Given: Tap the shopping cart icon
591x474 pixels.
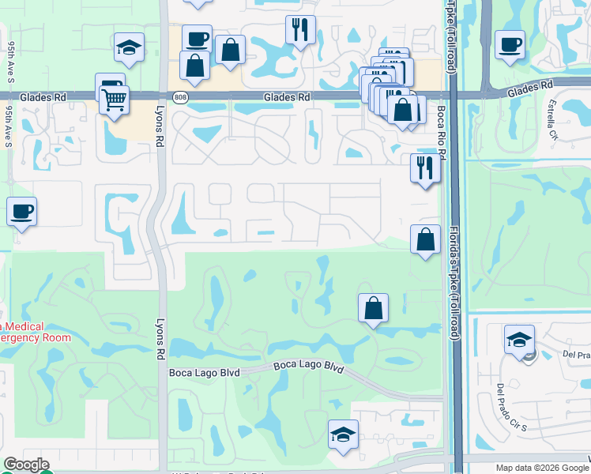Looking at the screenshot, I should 115,100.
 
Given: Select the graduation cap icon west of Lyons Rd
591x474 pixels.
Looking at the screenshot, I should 128,47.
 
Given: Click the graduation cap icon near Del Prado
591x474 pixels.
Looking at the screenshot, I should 518,340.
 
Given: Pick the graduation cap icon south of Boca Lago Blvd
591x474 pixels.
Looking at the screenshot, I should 343,434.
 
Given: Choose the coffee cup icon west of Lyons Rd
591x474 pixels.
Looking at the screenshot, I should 21,212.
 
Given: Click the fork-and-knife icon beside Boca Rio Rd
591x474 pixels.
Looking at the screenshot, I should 425,167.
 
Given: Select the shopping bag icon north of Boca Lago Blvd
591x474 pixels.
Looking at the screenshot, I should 374,308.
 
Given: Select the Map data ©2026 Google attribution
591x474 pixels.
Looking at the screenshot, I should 541,468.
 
